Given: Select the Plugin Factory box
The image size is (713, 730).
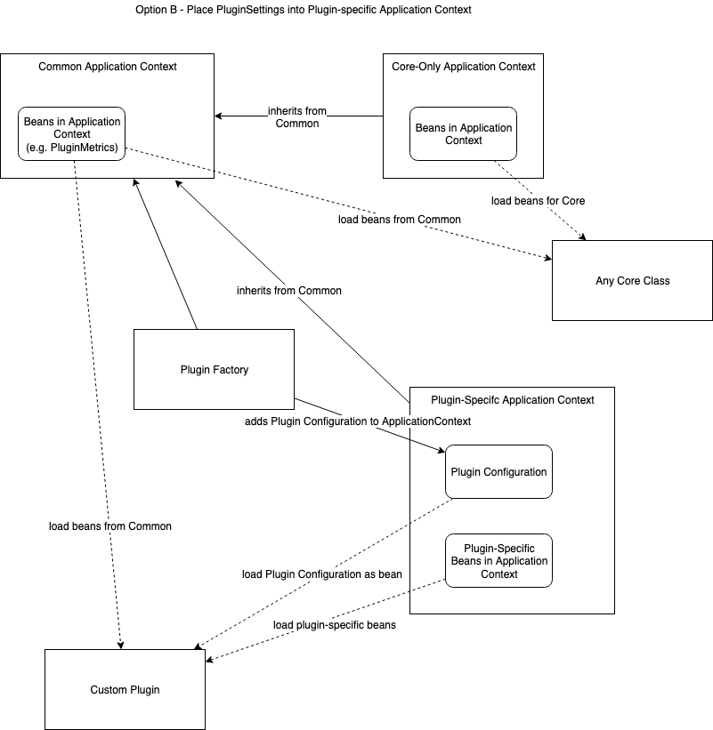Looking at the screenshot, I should (x=214, y=369).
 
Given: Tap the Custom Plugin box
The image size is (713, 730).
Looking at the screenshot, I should (x=125, y=689).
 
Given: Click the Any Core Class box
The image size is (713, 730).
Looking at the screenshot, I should (x=632, y=280).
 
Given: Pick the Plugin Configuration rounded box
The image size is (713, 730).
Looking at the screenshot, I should (x=498, y=471).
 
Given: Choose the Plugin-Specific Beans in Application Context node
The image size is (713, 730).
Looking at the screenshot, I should (x=498, y=561).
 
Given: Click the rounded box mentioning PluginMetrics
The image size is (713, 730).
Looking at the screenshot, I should (x=72, y=134).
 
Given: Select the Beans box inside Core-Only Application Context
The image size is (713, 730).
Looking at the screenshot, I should (x=464, y=134).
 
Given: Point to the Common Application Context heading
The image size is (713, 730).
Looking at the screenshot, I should (x=108, y=67).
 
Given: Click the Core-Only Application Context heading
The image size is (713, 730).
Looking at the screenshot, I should (x=464, y=67).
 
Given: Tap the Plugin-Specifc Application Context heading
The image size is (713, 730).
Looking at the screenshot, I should (x=512, y=400).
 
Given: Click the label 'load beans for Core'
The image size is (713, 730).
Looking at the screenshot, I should (x=538, y=201).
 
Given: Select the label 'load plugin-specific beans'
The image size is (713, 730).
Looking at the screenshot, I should (x=334, y=624).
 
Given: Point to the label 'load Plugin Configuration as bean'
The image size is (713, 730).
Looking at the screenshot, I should (x=321, y=574).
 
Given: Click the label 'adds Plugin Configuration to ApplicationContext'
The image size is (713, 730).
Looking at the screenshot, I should (x=358, y=421).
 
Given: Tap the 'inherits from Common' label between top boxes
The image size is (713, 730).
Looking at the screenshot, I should (x=297, y=117).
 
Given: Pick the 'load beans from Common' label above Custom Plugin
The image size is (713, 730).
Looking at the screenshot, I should (x=110, y=526).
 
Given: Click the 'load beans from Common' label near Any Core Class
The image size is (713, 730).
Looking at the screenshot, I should (x=399, y=219).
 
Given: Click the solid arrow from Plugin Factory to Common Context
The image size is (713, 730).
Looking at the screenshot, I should (x=165, y=253).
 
